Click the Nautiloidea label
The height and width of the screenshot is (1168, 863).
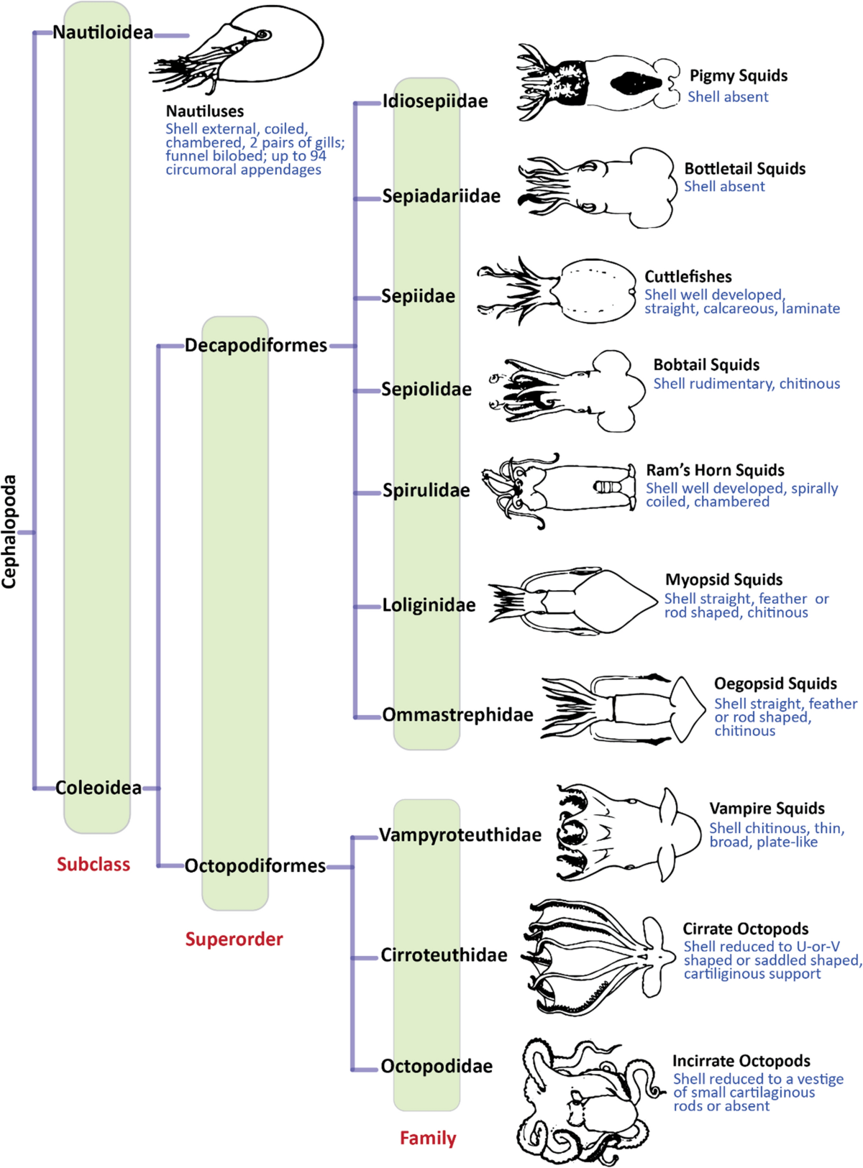click(103, 32)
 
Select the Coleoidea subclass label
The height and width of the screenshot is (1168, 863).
click(99, 788)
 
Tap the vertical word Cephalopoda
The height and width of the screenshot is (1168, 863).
click(9, 531)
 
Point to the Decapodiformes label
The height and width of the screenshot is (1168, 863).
click(256, 345)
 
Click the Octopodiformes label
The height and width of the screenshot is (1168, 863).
click(255, 865)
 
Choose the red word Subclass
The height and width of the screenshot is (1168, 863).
click(93, 864)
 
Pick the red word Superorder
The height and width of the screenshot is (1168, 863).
click(234, 939)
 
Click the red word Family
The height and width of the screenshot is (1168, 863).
click(428, 1138)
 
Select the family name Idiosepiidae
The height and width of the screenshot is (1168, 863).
click(435, 101)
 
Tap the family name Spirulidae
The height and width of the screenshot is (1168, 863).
click(426, 490)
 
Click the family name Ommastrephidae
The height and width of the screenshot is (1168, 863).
click(457, 714)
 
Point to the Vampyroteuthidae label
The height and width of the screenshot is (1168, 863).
click(460, 834)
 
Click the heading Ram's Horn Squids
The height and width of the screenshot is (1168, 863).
click(715, 470)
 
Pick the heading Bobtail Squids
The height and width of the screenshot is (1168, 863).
click(706, 364)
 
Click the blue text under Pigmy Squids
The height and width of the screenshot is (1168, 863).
click(728, 97)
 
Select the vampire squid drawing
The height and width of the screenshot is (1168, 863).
click(626, 832)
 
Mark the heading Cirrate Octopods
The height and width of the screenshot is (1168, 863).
click(745, 929)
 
